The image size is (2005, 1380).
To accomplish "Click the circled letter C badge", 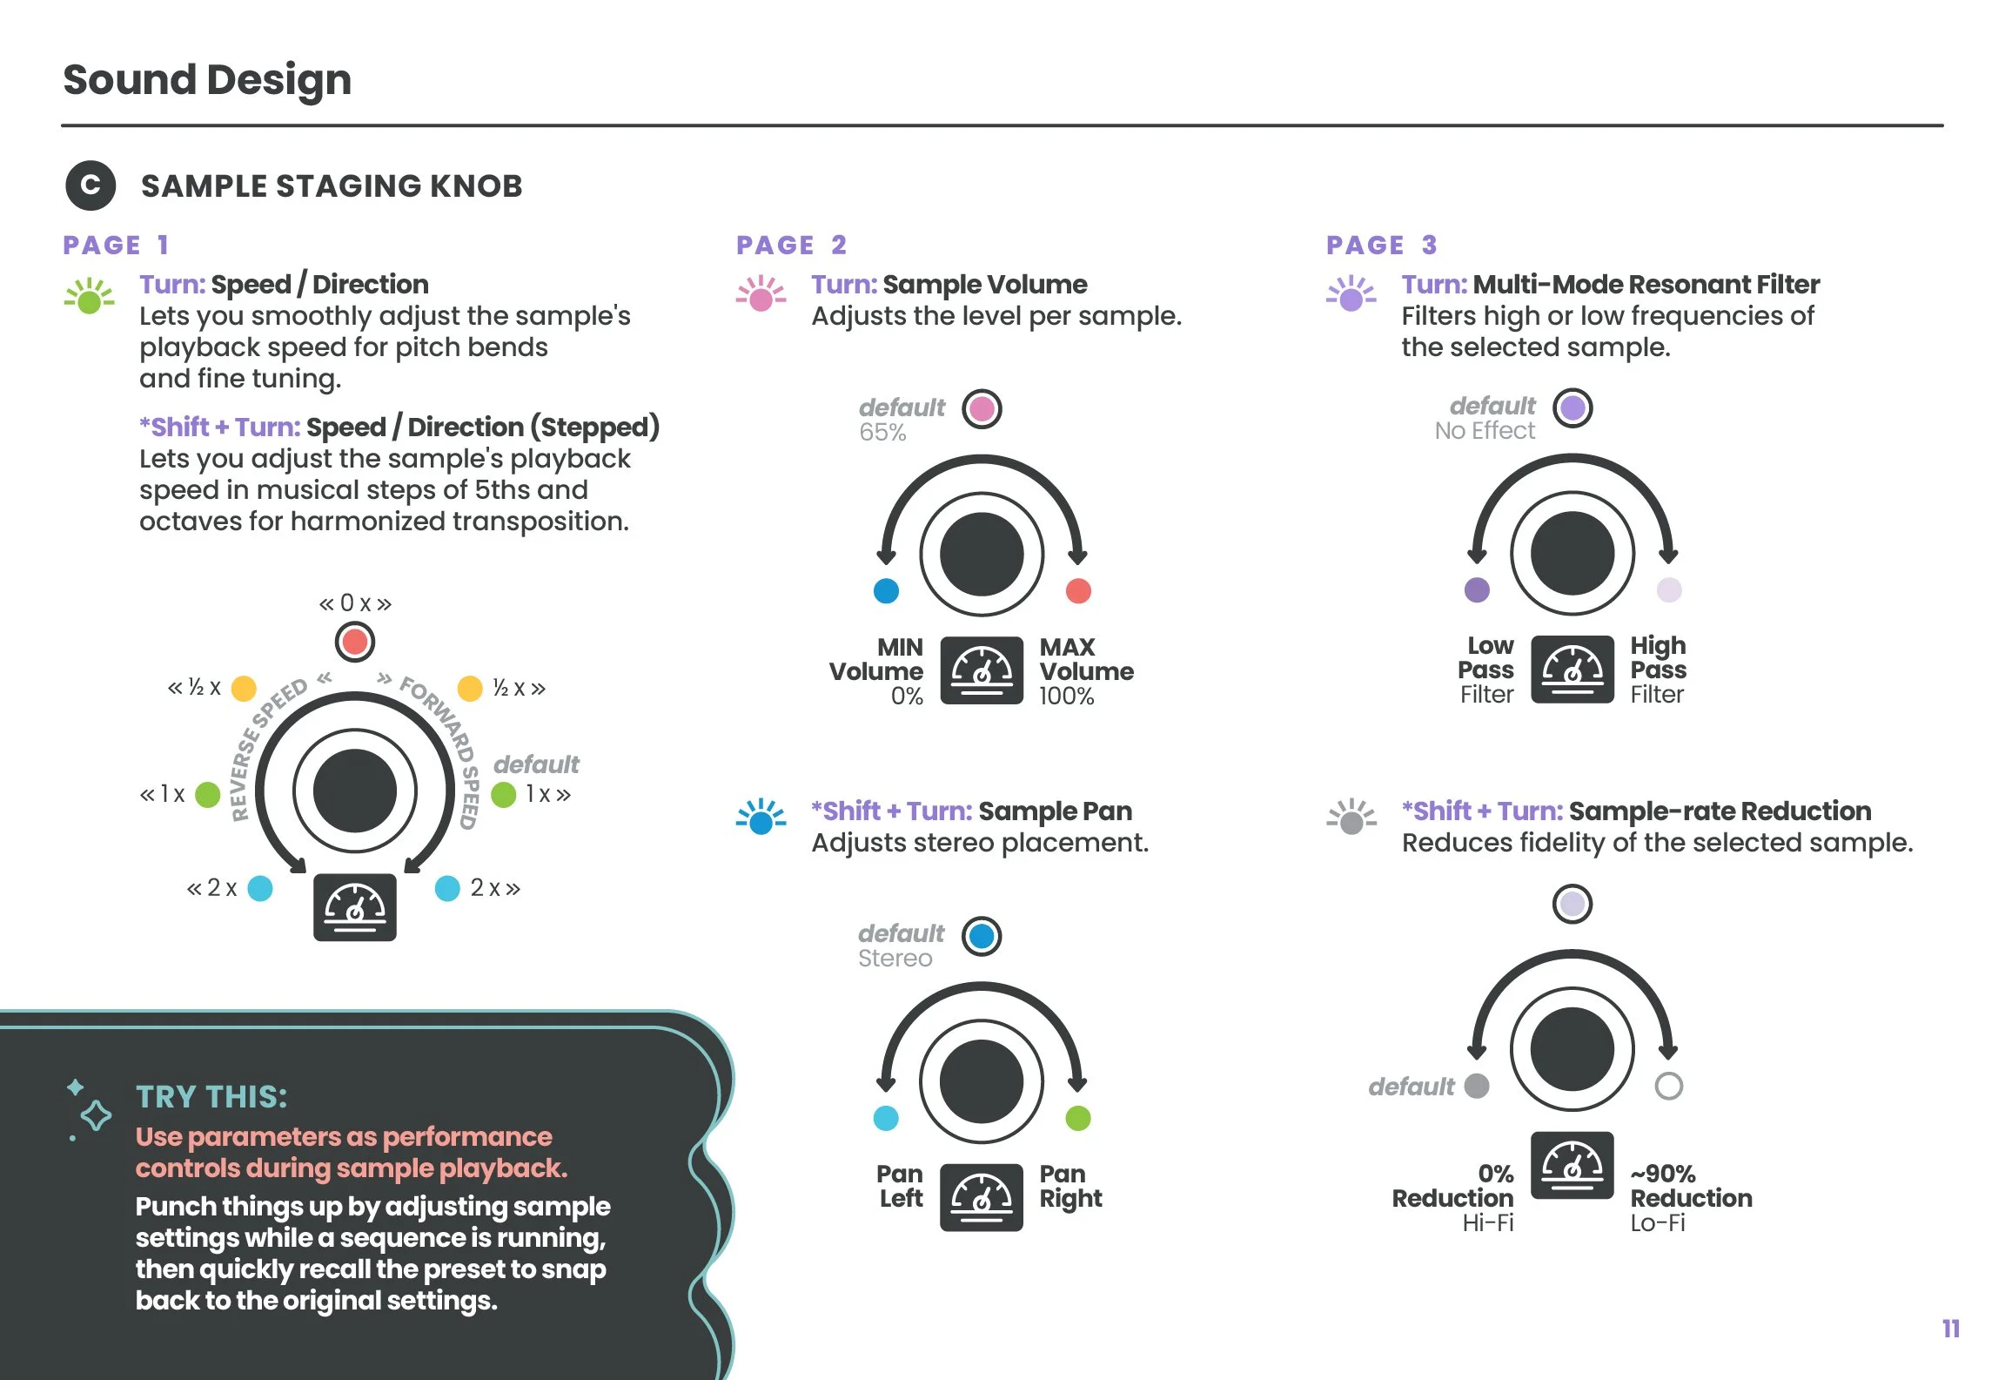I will click(91, 185).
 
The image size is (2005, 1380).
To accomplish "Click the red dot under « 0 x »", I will click(354, 643).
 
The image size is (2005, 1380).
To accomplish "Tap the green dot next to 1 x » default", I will click(504, 794).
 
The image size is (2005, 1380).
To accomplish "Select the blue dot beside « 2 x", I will click(260, 888).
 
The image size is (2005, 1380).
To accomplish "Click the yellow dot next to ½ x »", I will click(470, 688).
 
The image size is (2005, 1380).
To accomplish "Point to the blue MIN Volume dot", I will click(886, 590).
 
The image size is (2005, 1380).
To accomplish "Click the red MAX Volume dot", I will click(1078, 590).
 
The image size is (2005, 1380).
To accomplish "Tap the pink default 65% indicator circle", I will click(982, 408).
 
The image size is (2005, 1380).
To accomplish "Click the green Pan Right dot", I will click(1078, 1118).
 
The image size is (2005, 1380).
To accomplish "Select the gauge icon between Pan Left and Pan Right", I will click(982, 1197).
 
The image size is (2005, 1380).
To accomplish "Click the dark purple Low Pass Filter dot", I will click(1477, 589).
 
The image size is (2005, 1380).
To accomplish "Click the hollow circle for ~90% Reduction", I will click(1668, 1086).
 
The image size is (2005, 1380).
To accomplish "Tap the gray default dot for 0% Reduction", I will click(1477, 1086).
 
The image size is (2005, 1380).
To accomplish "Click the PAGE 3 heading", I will click(1381, 245).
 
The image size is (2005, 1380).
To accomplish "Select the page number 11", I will click(1950, 1329).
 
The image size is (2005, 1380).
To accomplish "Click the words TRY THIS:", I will click(211, 1096).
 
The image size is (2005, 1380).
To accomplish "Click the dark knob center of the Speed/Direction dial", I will click(354, 791).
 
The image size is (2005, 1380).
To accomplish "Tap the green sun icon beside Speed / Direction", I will click(90, 297).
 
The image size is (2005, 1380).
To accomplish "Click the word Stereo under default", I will click(895, 959).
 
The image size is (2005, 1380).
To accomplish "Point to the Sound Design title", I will click(207, 79).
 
